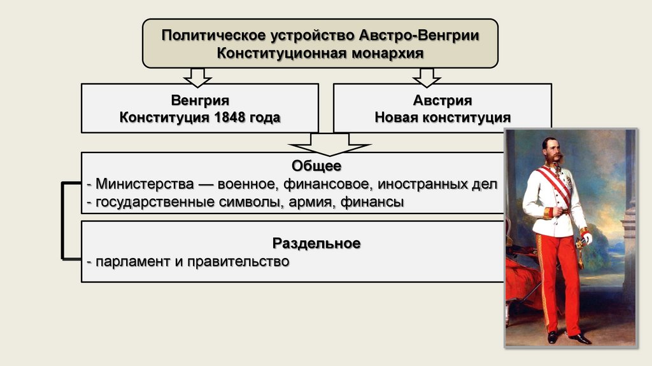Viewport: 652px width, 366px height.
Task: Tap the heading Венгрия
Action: tap(199, 101)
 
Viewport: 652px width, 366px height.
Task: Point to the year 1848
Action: tap(225, 118)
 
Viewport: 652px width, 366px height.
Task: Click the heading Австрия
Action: tap(442, 101)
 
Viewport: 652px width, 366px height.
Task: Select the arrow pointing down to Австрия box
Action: tap(427, 77)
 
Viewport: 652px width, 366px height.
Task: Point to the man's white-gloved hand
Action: tap(586, 238)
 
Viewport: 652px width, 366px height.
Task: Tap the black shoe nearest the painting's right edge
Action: tap(581, 339)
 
